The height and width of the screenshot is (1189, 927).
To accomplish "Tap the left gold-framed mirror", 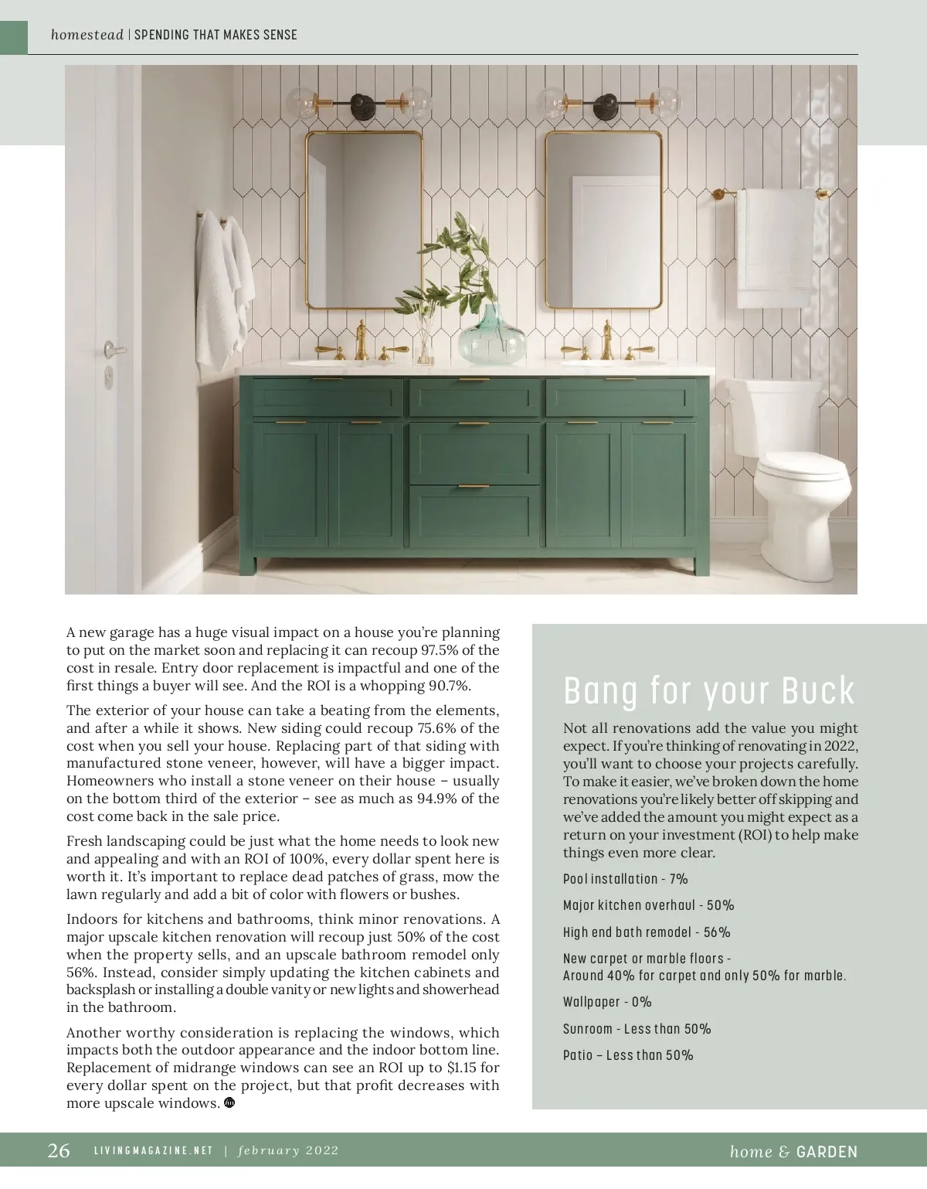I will [x=364, y=220].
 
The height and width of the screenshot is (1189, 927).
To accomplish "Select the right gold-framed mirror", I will [x=603, y=220].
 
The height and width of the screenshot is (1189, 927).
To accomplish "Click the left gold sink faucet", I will [x=361, y=342].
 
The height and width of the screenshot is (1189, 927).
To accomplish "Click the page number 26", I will [x=59, y=1151].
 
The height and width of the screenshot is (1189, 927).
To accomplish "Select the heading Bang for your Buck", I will [x=709, y=690].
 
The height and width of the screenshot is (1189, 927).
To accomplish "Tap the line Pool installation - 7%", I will [x=625, y=879].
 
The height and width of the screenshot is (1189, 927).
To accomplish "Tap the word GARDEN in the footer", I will [x=827, y=1152].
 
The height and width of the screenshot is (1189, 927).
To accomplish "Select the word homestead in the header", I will [x=87, y=35].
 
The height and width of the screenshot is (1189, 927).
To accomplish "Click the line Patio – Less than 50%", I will [x=628, y=1055].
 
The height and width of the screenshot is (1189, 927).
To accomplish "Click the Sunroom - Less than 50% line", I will [x=637, y=1029].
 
